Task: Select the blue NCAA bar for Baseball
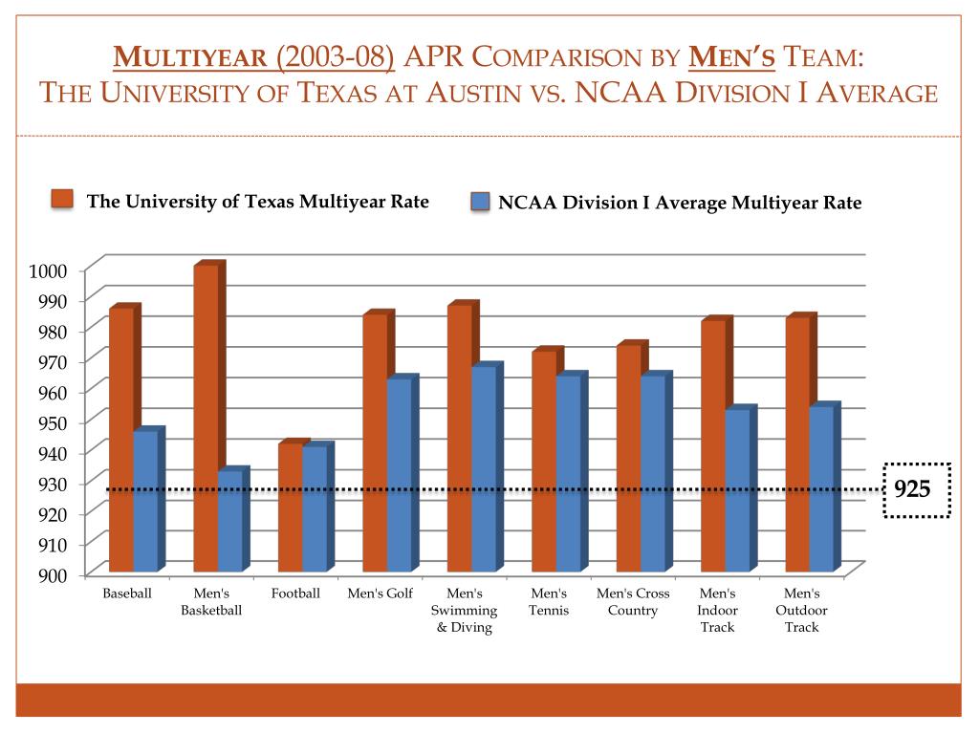pyautogui.click(x=145, y=501)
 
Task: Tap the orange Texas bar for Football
pyautogui.click(x=291, y=507)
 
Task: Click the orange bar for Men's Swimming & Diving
pyautogui.click(x=459, y=439)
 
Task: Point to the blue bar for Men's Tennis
pyautogui.click(x=568, y=473)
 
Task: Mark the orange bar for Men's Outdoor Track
pyautogui.click(x=797, y=444)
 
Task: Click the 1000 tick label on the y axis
pyautogui.click(x=48, y=270)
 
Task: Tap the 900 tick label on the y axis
pyautogui.click(x=52, y=574)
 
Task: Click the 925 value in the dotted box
pyautogui.click(x=912, y=490)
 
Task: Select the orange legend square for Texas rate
pyautogui.click(x=62, y=199)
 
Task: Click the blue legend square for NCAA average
pyautogui.click(x=480, y=202)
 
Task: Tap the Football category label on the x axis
pyautogui.click(x=295, y=594)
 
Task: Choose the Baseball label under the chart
pyautogui.click(x=127, y=594)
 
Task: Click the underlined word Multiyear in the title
pyautogui.click(x=189, y=59)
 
